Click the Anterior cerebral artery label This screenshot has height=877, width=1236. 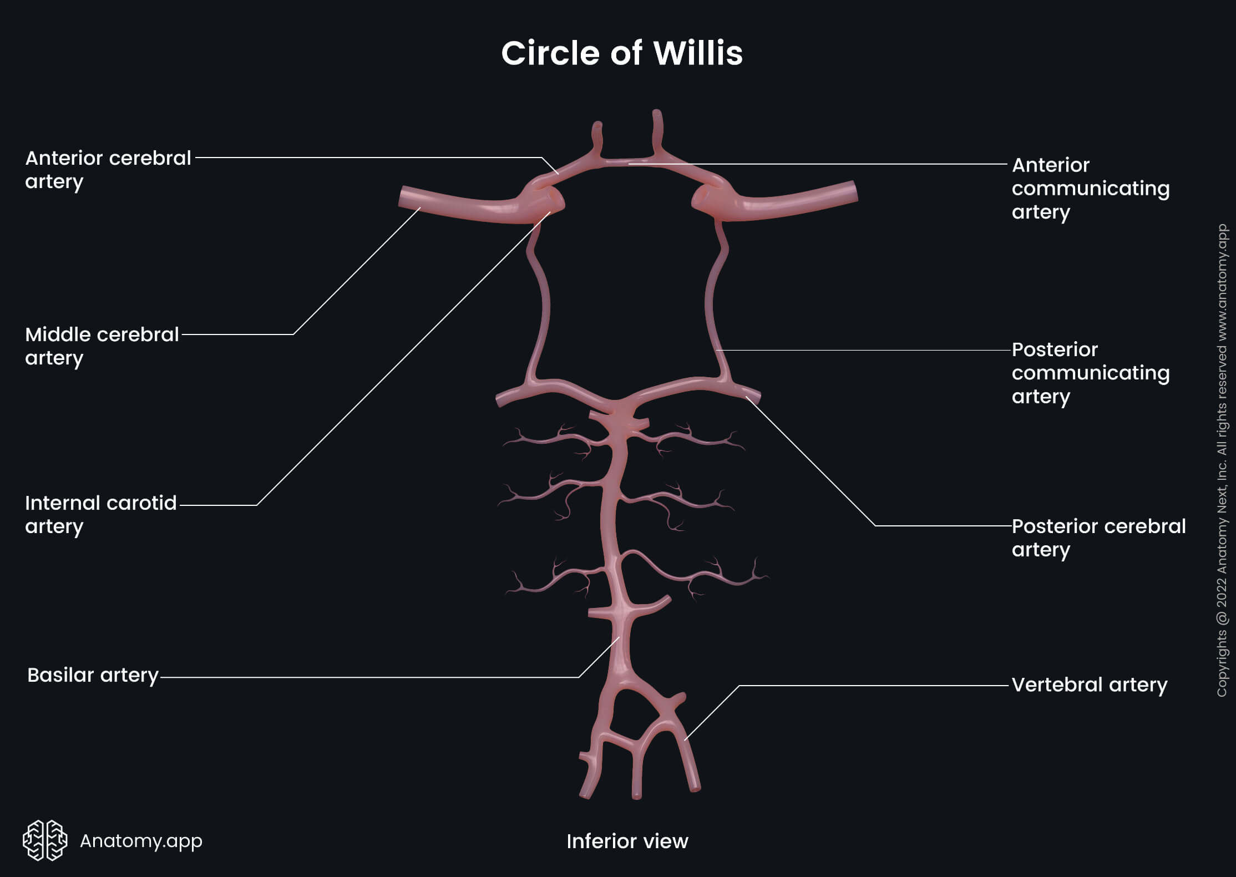point(108,169)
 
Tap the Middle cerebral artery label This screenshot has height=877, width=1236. point(102,346)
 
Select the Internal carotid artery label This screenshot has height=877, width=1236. point(101,514)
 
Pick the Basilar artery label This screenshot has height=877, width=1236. point(93,675)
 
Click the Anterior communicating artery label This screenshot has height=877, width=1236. point(1090,188)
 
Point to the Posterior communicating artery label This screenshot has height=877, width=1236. point(1090,373)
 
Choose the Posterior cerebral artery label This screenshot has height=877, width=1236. point(1098,538)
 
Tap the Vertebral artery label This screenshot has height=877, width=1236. point(1089,685)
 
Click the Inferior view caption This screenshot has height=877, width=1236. point(627,841)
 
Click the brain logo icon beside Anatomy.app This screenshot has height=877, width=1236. point(45,840)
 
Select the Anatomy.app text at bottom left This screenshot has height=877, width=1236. point(141,841)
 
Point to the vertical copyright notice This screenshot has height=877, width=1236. point(1222,460)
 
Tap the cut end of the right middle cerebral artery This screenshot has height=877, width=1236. point(854,191)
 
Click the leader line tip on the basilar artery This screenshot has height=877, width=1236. point(619,637)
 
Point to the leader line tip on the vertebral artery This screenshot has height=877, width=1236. point(686,739)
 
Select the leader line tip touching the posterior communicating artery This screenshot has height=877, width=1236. point(717,350)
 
